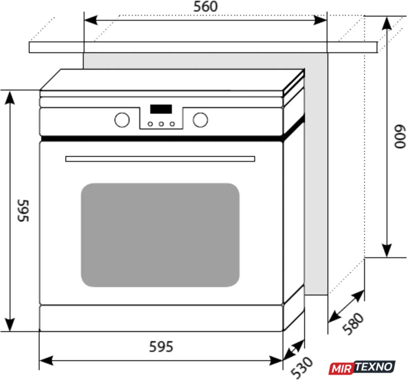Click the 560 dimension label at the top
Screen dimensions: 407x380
pos(205,7)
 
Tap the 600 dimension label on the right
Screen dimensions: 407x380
pos(400,137)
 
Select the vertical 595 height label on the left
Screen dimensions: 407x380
pos(23,210)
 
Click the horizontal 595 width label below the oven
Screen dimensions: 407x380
pos(161,347)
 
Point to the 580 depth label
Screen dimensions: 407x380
pos(353,323)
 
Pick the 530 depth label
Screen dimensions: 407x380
pos(302,367)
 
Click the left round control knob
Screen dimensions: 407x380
pos(122,120)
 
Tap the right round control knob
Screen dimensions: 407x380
pos(201,120)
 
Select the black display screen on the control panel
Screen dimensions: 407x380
pos(161,109)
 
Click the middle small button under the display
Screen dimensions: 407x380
pos(161,124)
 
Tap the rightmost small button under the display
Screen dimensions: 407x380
pos(172,124)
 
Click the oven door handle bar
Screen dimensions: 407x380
pos(160,159)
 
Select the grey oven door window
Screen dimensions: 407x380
pos(160,235)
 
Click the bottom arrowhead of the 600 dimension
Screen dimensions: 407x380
pos(387,250)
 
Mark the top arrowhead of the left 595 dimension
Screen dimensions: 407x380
pos(10,98)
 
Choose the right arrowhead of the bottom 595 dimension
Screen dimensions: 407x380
pos(276,360)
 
